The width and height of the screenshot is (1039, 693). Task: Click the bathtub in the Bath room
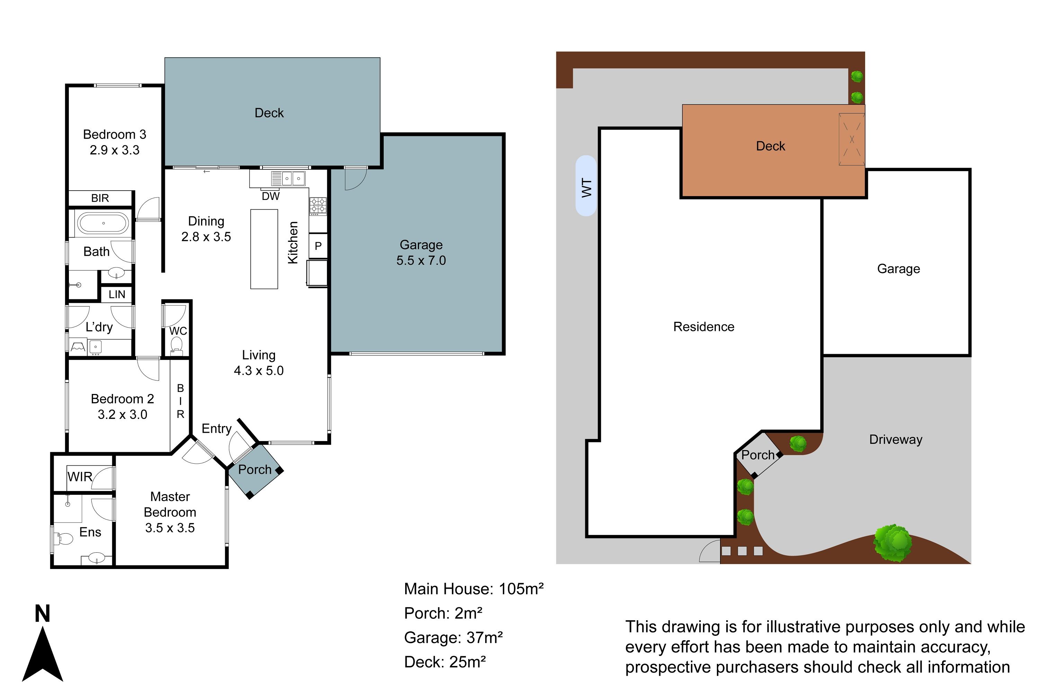(x=103, y=223)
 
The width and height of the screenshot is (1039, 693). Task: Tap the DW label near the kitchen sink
(x=270, y=196)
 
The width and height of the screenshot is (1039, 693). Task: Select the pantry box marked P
(x=318, y=246)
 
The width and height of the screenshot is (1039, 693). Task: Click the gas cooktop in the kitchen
(x=318, y=206)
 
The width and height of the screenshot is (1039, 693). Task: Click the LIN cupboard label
(x=117, y=294)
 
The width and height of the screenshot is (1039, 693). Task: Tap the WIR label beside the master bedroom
(x=80, y=477)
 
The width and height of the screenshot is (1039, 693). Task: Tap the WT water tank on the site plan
(x=586, y=186)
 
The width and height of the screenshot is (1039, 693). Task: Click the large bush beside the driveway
(x=893, y=543)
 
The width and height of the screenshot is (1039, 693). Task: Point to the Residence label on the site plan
(x=704, y=327)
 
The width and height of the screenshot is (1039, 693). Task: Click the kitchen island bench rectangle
(x=264, y=249)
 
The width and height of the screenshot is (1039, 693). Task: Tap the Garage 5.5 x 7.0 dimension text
(x=421, y=260)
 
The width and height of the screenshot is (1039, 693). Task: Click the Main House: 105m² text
(x=473, y=589)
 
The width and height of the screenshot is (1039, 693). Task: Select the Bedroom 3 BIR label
(x=100, y=198)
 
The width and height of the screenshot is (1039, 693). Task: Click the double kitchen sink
(x=293, y=178)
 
